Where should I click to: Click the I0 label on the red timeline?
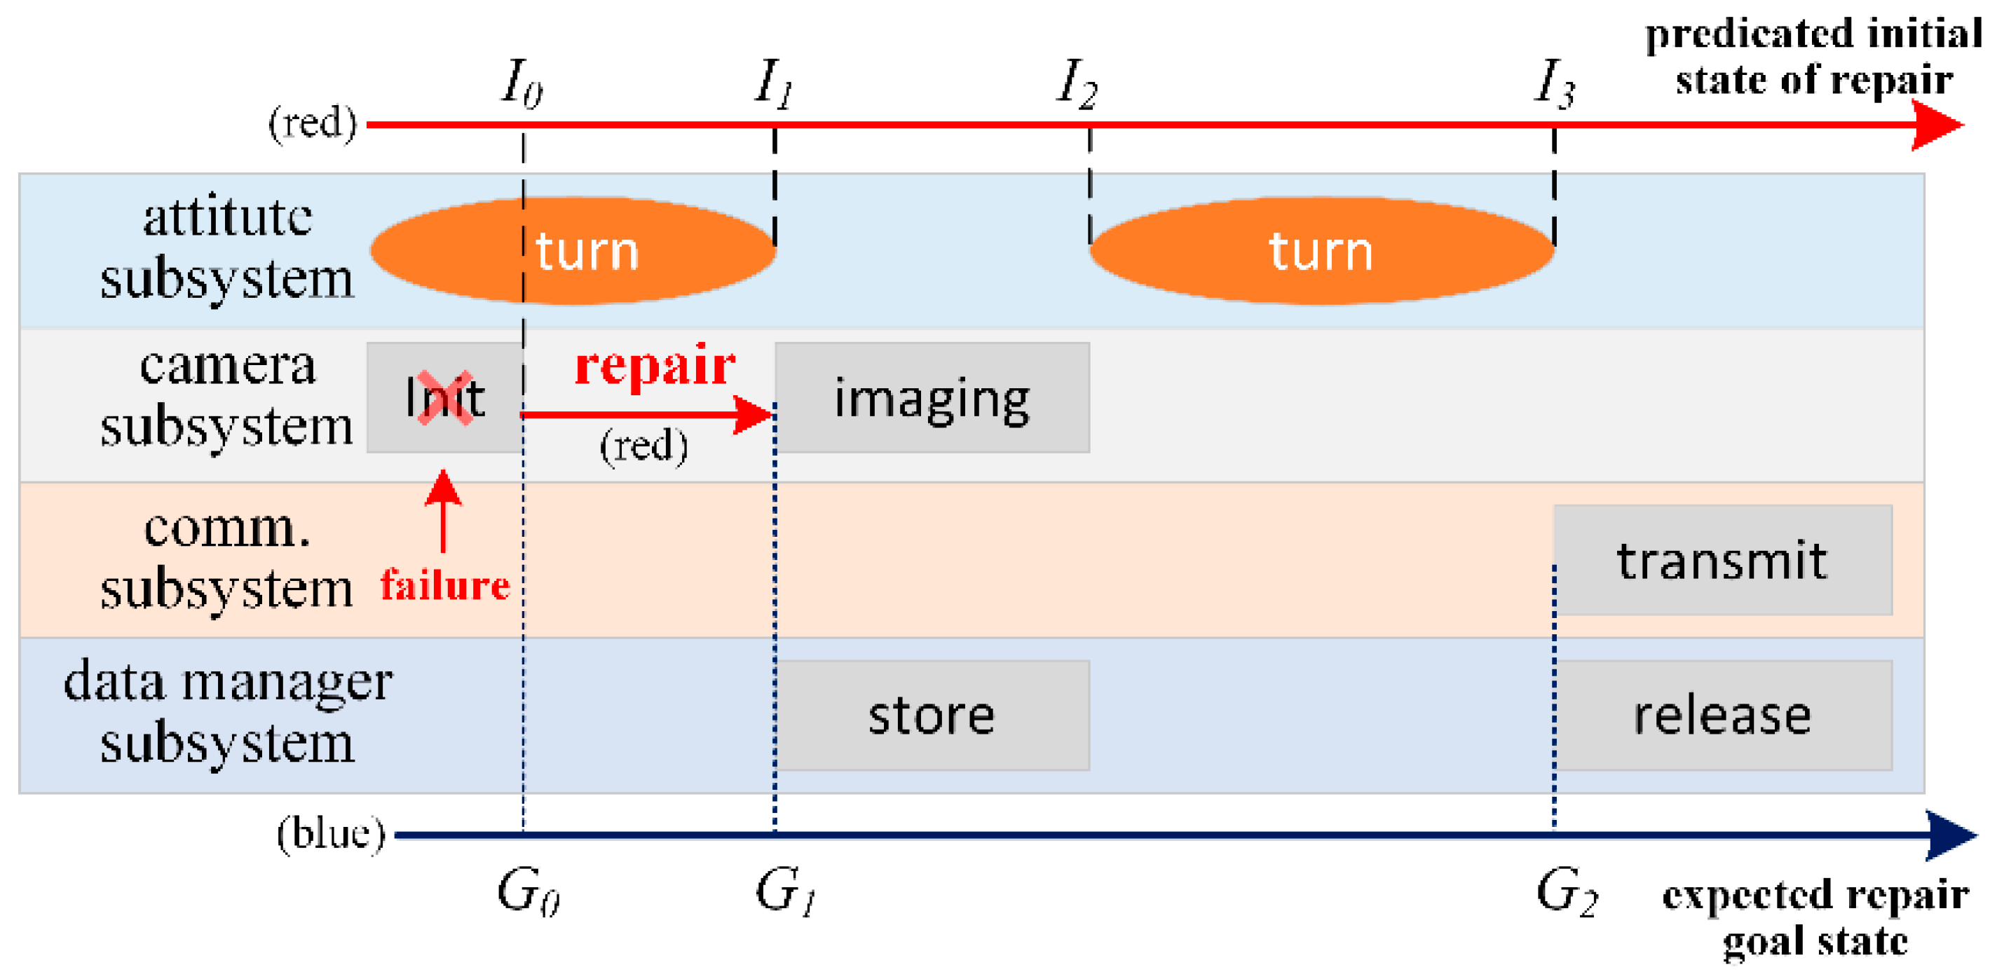tap(522, 83)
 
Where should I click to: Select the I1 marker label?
tap(774, 83)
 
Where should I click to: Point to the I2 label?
tap(1077, 83)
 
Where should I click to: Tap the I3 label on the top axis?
tap(1554, 83)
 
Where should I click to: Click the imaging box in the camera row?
tap(932, 397)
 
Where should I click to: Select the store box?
tap(932, 716)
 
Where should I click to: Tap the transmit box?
tap(1722, 561)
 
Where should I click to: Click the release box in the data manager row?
tap(1722, 716)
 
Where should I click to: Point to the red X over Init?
tap(445, 397)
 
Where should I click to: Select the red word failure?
tap(445, 584)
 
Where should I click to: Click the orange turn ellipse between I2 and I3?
tap(1322, 250)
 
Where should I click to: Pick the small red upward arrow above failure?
tap(444, 511)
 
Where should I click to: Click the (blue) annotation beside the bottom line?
tap(331, 834)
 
